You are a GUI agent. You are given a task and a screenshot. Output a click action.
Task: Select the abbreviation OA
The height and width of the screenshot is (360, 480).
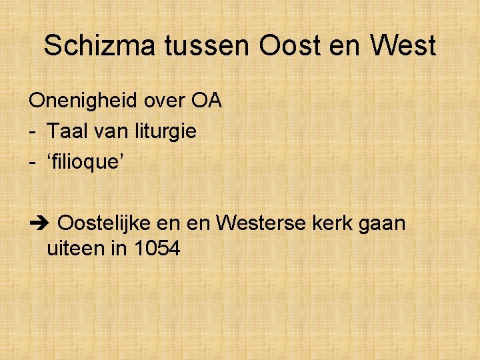(207, 101)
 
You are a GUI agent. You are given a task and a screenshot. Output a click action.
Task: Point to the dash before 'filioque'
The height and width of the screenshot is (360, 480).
(32, 161)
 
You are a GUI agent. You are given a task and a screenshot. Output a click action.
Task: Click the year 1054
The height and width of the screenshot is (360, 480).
(157, 249)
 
